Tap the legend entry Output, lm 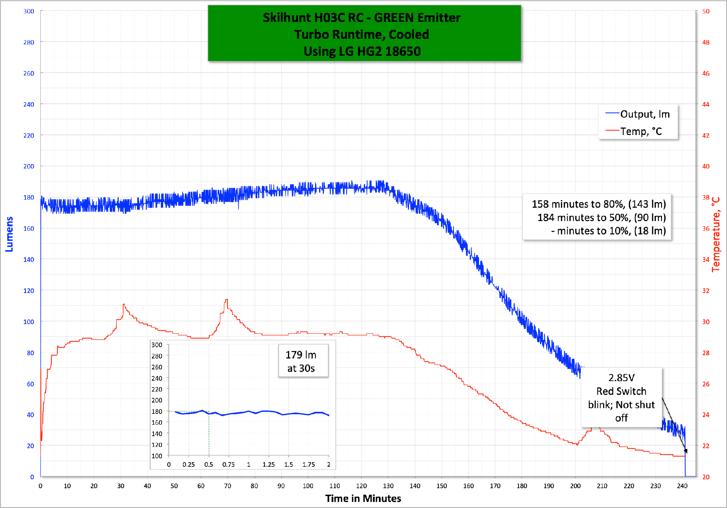click(645, 114)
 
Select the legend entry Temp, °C click(641, 131)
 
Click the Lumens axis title click(9, 234)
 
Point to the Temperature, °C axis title click(716, 234)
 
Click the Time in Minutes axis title click(363, 498)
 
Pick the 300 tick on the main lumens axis click(29, 11)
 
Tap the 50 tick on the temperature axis click(706, 11)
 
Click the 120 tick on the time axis click(361, 486)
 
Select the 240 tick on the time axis click(682, 486)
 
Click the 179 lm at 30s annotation click(301, 361)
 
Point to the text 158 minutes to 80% click(578, 204)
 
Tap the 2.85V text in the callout click(621, 378)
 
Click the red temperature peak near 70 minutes click(227, 299)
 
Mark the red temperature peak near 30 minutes click(124, 304)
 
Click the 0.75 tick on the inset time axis click(229, 464)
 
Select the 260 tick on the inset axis click(157, 367)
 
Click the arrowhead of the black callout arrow click(685, 451)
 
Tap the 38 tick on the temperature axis click(706, 197)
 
